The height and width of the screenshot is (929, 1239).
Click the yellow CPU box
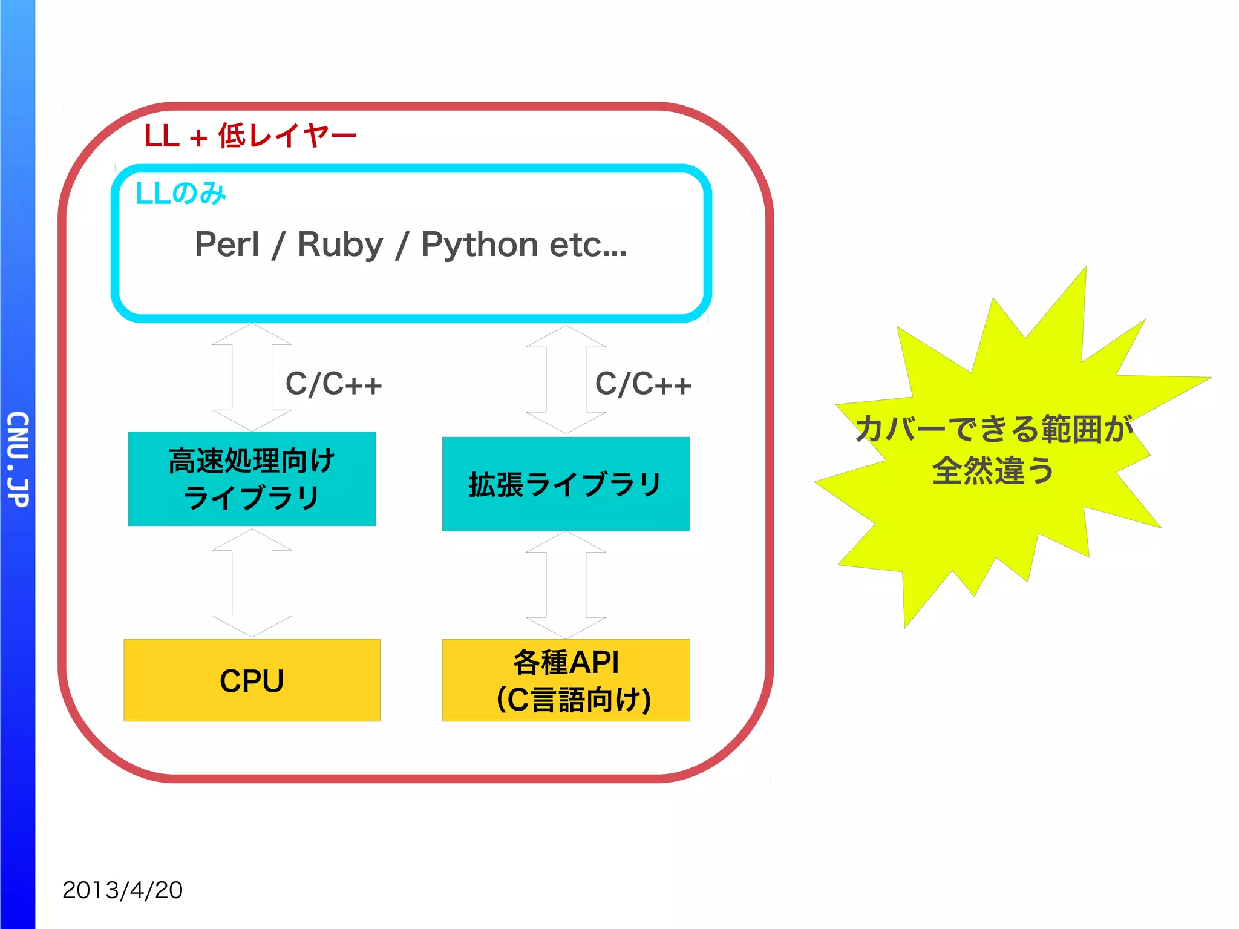(252, 680)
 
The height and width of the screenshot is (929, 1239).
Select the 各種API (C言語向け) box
(566, 680)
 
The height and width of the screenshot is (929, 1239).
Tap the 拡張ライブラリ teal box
(566, 484)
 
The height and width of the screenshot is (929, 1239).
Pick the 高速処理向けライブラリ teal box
(252, 479)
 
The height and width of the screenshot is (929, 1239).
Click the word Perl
(227, 245)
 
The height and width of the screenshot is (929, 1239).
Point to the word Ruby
(340, 245)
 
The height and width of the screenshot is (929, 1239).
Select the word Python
(479, 245)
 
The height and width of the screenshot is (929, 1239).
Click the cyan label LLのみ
(181, 194)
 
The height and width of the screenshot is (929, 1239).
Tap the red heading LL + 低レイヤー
(250, 136)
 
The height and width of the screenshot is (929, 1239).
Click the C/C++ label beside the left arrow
(333, 384)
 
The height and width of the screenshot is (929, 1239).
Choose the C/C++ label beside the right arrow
(643, 384)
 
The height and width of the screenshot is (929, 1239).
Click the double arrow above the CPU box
(252, 583)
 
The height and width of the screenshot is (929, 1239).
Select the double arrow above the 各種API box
(566, 585)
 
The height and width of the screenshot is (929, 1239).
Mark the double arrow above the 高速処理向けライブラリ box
(252, 378)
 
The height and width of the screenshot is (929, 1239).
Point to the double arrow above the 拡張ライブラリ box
(566, 379)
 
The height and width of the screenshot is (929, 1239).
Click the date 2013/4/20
(122, 890)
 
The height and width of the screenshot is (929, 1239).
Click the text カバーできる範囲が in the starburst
(993, 428)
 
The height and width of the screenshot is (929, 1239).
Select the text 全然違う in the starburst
(993, 470)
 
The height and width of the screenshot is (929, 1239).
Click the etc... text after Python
(588, 245)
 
